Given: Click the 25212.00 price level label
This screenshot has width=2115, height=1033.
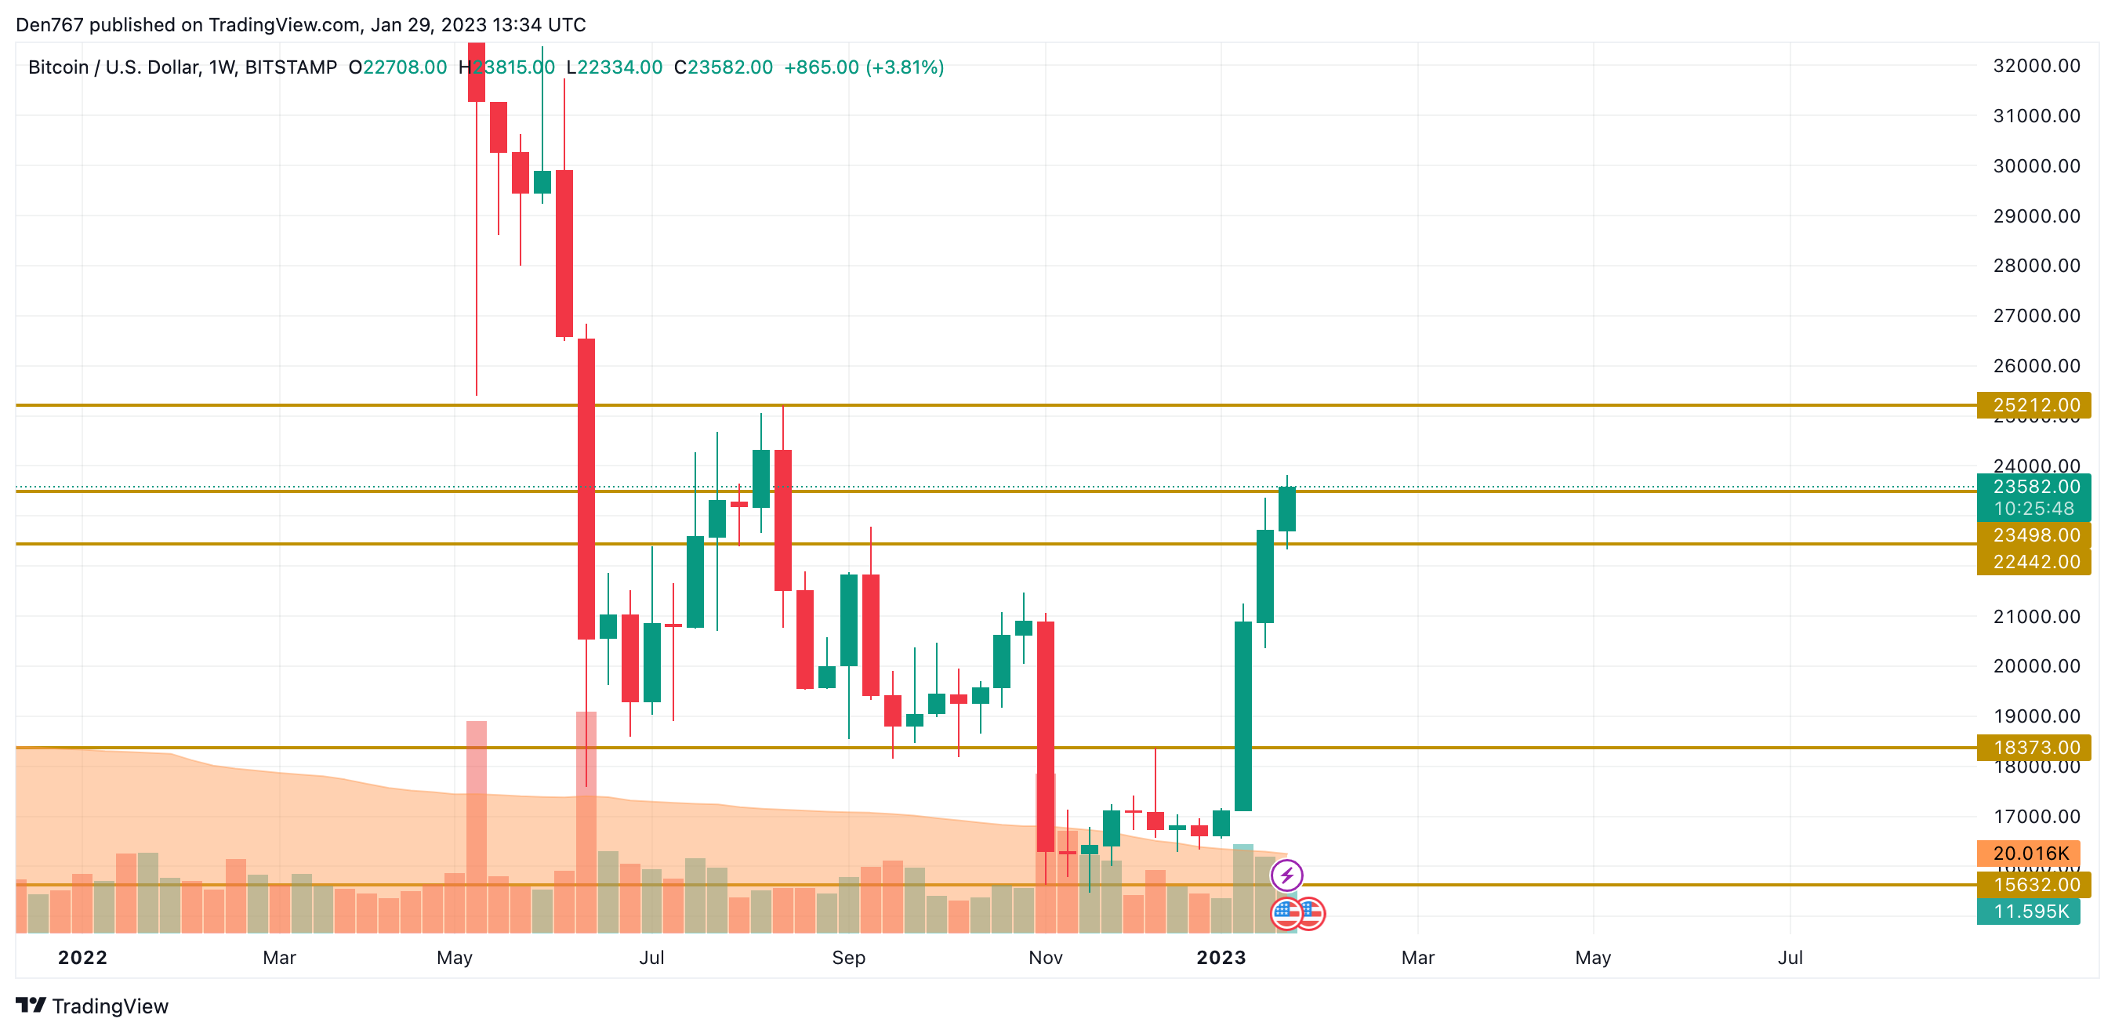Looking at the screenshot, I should click(x=2035, y=405).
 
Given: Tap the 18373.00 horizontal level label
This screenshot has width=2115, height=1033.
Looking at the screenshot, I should click(x=2035, y=747).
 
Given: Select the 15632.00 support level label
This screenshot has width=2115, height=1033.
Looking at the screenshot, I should click(x=2035, y=884).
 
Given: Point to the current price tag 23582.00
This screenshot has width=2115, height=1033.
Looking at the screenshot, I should click(x=2035, y=486).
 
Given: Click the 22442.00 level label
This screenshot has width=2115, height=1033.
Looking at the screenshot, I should click(x=2035, y=562).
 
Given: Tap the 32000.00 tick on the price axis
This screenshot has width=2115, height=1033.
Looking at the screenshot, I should click(x=2035, y=66).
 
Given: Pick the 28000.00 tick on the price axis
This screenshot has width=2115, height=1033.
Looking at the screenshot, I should click(x=2035, y=265).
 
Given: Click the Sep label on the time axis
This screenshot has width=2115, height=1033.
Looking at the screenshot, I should click(x=848, y=958).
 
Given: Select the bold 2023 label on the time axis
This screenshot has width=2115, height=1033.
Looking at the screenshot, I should click(x=1220, y=958).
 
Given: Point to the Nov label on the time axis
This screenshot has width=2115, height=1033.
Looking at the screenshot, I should click(x=1045, y=958).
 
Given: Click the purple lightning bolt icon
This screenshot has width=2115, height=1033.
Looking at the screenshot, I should click(x=1286, y=875).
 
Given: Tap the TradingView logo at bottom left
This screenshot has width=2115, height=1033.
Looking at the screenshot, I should click(x=92, y=1006).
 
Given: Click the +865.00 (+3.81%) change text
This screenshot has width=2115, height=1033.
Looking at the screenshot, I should click(x=864, y=67).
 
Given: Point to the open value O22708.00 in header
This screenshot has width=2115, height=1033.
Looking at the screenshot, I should click(x=397, y=67).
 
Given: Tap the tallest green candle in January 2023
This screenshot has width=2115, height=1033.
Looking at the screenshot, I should click(x=1243, y=716).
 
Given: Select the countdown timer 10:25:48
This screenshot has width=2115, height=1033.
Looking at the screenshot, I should click(x=2033, y=509).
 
